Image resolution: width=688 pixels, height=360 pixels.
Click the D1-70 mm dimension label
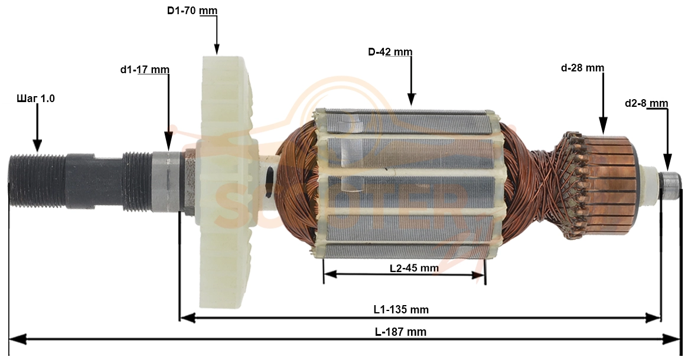192,11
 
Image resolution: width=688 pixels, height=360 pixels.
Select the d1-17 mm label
144,70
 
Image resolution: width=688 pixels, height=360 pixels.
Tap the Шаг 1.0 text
35,99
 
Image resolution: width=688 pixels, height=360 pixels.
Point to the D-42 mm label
390,52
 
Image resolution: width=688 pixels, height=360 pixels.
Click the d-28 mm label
583,68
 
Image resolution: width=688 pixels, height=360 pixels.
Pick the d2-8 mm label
646,103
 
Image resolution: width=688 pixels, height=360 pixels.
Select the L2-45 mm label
414,268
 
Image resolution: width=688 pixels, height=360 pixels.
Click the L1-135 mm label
401,310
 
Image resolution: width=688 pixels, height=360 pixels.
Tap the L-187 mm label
400,332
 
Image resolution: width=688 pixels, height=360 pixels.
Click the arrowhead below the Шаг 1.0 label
37,145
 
